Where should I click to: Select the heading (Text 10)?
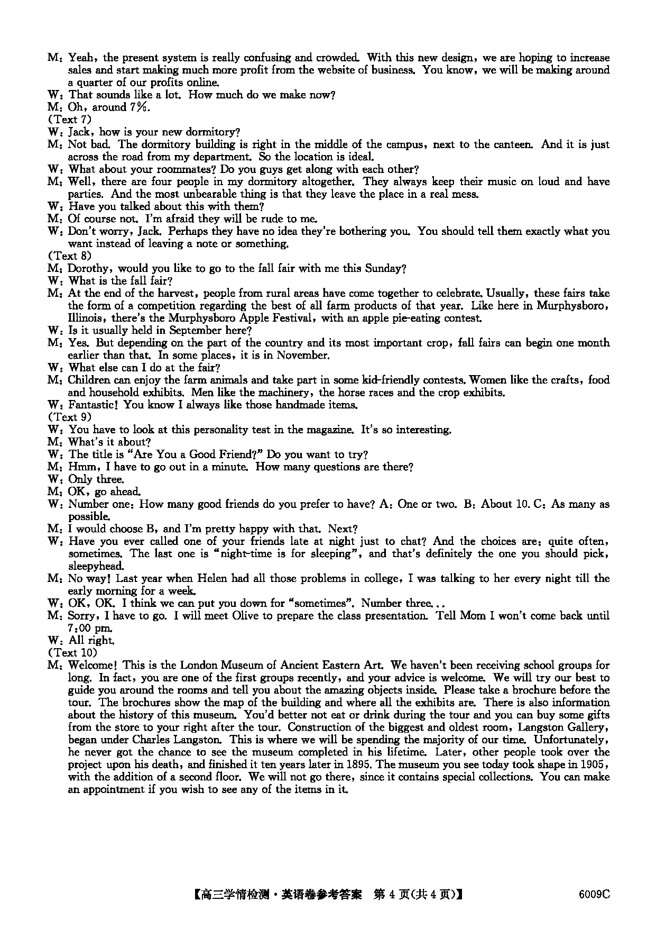72,652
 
